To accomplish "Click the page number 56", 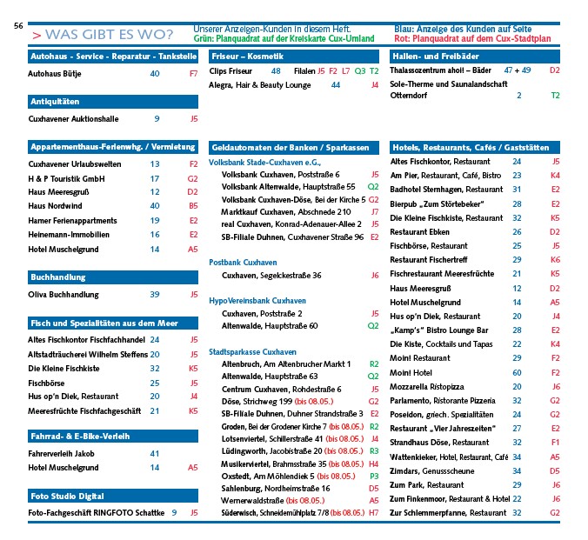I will pyautogui.click(x=17, y=27).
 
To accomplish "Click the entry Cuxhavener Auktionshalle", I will pyautogui.click(x=74, y=119).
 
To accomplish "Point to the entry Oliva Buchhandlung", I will pyautogui.click(x=63, y=295).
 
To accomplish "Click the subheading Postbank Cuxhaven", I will pyautogui.click(x=244, y=262).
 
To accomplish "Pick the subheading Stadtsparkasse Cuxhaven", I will pyautogui.click(x=253, y=351).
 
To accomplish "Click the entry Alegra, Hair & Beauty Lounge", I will pyautogui.click(x=260, y=85).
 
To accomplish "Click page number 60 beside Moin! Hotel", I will pyautogui.click(x=517, y=372).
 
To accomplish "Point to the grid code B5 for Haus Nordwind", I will pyautogui.click(x=193, y=206).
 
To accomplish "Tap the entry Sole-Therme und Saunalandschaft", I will pyautogui.click(x=449, y=83).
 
